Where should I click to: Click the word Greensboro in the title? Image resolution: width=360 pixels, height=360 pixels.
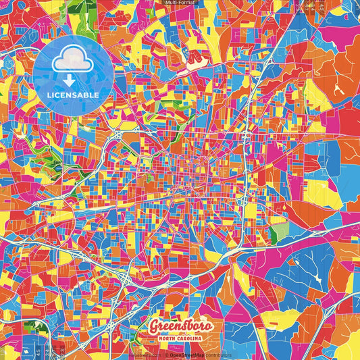pos(181,326)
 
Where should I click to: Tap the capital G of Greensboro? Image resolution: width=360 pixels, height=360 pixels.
pos(155,327)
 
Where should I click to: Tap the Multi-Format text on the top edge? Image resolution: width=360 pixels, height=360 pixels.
pos(180,3)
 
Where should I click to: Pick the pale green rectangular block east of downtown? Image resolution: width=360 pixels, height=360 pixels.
pos(278,232)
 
